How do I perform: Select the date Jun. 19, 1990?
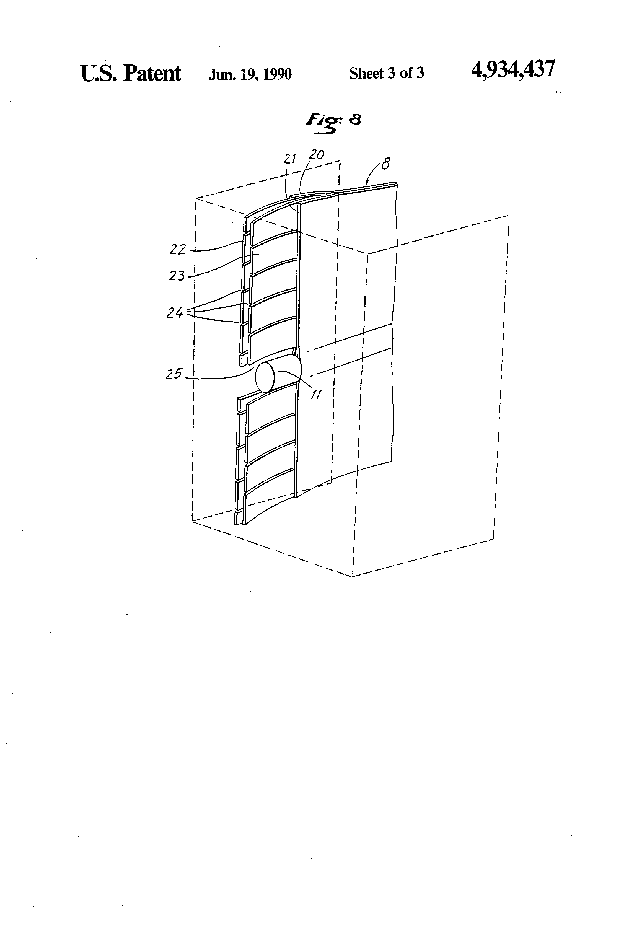point(250,74)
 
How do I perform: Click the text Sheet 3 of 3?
point(386,73)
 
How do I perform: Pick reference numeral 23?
point(177,276)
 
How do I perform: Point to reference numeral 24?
point(175,313)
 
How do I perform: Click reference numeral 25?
point(174,374)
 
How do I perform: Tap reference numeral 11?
point(316,394)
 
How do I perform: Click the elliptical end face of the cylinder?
point(265,377)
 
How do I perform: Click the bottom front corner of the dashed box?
point(352,576)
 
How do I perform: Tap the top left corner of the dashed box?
point(196,198)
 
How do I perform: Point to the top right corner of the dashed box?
point(509,216)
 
